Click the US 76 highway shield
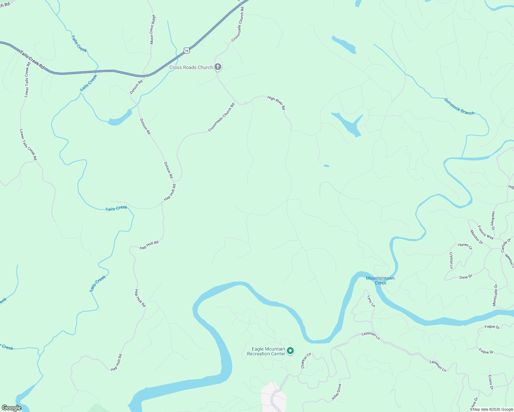186,50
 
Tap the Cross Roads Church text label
191,67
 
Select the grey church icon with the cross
218,67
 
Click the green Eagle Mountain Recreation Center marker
290,351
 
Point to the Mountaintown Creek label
380,281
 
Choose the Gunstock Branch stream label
459,106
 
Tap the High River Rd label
277,103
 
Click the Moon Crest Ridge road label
152,30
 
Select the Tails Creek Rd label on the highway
32,60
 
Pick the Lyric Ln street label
371,301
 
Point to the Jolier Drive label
336,392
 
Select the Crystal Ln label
451,260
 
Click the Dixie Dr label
466,277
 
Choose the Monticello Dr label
495,295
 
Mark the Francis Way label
485,232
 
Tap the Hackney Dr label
493,220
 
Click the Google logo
11,408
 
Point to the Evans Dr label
491,382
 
